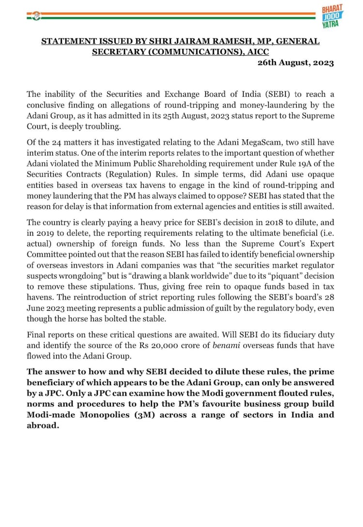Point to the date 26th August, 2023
tap(295, 63)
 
